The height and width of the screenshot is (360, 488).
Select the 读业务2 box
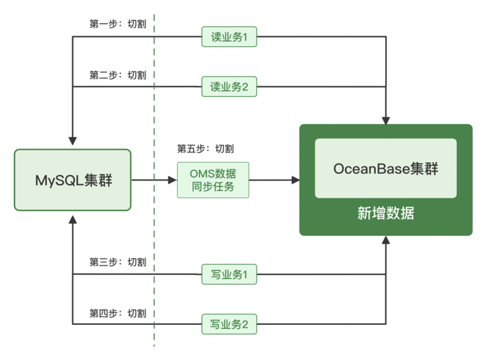(x=229, y=87)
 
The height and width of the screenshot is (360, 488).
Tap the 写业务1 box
(x=229, y=275)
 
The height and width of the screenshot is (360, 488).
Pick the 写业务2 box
(x=229, y=324)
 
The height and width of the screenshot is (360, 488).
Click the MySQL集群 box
(x=73, y=180)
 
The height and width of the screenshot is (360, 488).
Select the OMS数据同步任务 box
(x=213, y=180)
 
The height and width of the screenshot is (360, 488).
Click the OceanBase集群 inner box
(x=385, y=168)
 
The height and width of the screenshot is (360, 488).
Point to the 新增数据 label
(x=385, y=213)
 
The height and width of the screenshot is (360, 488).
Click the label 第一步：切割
(x=118, y=24)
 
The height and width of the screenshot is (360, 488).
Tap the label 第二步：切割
(x=118, y=75)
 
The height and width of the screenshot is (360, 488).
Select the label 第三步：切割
(x=118, y=262)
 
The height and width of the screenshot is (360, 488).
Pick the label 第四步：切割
(x=118, y=313)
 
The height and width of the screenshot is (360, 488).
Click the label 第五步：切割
(x=206, y=149)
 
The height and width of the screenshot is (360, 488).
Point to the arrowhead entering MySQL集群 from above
(x=73, y=140)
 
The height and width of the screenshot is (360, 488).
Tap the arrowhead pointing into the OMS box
(x=172, y=180)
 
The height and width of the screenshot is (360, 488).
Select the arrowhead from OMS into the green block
(x=296, y=180)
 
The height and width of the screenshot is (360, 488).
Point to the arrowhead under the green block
(x=385, y=240)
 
